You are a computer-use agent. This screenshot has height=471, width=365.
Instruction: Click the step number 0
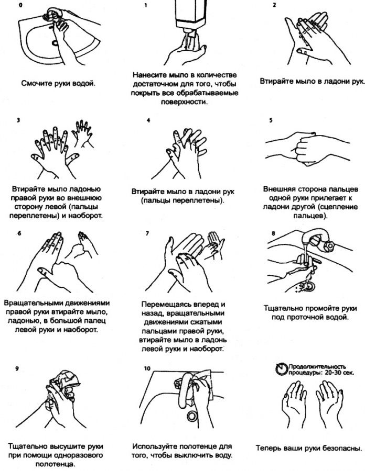[x=20, y=5]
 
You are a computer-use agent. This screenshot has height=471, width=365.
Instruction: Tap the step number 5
[x=271, y=120]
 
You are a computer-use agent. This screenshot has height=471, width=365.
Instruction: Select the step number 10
[x=147, y=368]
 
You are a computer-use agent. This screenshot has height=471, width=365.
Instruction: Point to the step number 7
[x=147, y=233]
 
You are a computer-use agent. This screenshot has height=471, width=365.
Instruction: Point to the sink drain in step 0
[x=55, y=43]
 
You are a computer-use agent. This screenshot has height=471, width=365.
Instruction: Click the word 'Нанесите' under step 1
[x=149, y=75]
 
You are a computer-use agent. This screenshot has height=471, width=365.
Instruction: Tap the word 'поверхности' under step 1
[x=184, y=102]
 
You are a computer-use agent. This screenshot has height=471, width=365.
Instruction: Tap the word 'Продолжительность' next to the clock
[x=317, y=367]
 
